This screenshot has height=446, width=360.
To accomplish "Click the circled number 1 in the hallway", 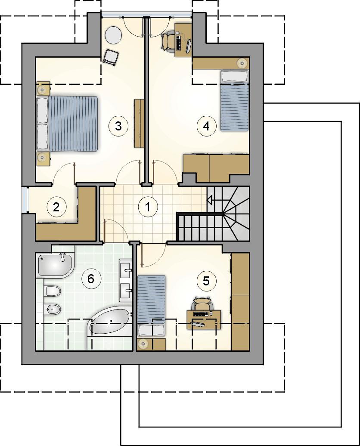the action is click(147, 207).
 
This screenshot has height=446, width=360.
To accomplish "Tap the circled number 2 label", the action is click(56, 207).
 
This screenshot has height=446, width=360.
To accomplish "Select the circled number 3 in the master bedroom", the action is click(118, 126).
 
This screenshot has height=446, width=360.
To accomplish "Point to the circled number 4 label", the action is click(206, 125).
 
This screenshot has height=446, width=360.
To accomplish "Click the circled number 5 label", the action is click(206, 281).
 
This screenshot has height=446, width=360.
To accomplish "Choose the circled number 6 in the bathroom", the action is click(91, 279).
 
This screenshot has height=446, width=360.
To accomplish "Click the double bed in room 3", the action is click(67, 123).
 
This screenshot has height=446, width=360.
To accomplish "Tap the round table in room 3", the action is click(113, 35).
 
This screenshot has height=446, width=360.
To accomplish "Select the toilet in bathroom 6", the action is click(53, 291).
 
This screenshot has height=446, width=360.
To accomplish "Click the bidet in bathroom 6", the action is click(53, 308).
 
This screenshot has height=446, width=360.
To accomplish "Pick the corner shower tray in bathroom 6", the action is click(55, 265).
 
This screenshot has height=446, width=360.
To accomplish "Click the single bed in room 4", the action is click(235, 101).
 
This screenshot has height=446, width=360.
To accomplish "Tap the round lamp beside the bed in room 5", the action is click(143, 344).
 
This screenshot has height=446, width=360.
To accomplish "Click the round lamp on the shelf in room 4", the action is click(242, 62).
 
